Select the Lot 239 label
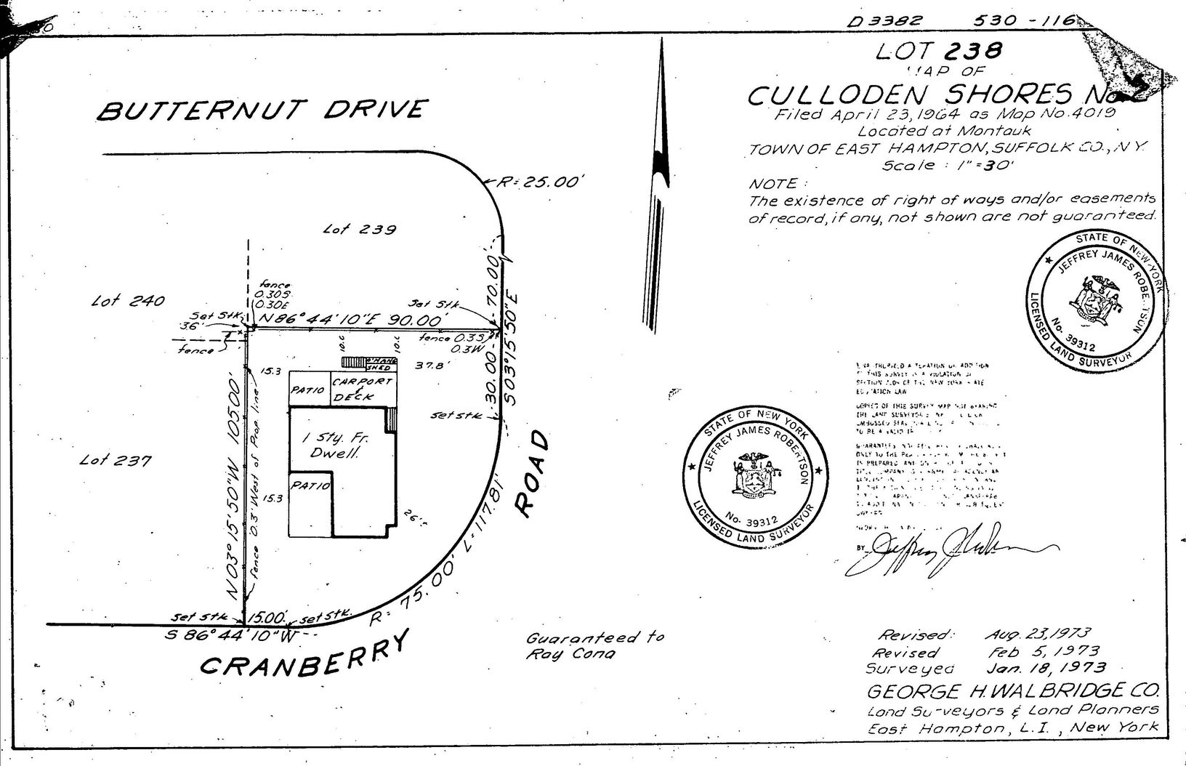(360, 230)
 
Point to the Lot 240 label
(129, 300)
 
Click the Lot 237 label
(116, 460)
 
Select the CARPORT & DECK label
(362, 389)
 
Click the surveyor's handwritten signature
(945, 550)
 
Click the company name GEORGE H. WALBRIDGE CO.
(1013, 690)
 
